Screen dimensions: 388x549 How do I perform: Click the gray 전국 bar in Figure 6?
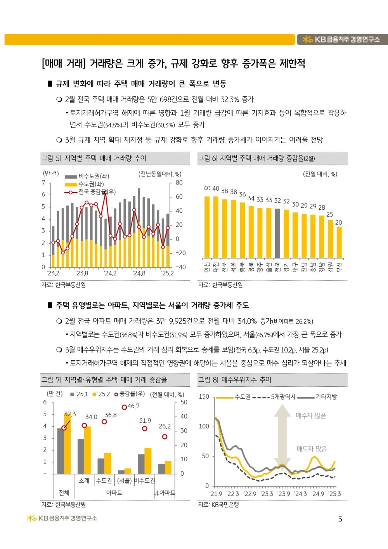[x=277, y=233]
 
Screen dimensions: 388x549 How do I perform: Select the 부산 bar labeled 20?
[x=339, y=242]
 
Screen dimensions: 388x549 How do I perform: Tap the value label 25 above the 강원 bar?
[x=330, y=214]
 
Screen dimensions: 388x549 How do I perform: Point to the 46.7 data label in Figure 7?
[x=133, y=406]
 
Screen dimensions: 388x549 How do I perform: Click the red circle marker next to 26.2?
[x=165, y=437]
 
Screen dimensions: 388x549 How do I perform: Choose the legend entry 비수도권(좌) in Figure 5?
[x=87, y=176]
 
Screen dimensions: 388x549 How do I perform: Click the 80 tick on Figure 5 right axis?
[x=179, y=182]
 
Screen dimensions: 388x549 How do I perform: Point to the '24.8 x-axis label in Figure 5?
[x=139, y=273]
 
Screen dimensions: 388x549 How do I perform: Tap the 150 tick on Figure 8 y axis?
[x=204, y=396]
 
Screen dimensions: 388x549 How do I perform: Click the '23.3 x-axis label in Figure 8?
[x=267, y=493]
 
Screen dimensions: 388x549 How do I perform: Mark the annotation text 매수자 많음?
[x=311, y=416]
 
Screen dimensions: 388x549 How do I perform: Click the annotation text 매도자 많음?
[x=312, y=449]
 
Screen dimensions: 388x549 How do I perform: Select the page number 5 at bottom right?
[x=340, y=519]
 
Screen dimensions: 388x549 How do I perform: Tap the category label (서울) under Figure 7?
[x=125, y=481]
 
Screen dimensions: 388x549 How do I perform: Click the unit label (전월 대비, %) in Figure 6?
[x=320, y=174]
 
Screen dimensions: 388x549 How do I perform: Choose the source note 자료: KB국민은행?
[x=218, y=504]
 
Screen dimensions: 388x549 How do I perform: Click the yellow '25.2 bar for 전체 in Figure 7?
[x=68, y=444]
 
